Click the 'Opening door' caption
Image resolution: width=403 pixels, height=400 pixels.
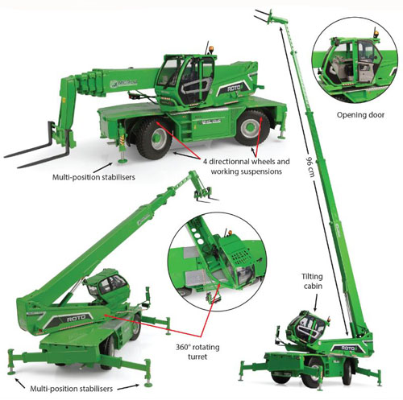tap(360, 115)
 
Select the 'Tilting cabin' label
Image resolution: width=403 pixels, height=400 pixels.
tap(313, 281)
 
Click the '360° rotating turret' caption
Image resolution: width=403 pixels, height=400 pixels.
tap(197, 352)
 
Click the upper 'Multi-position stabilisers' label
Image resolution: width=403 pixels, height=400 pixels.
tap(93, 177)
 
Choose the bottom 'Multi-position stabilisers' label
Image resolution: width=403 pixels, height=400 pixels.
tap(71, 389)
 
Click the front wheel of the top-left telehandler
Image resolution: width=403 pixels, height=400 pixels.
tap(152, 138)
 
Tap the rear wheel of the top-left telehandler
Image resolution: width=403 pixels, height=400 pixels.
tap(251, 127)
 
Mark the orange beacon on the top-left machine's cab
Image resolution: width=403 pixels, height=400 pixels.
tap(212, 50)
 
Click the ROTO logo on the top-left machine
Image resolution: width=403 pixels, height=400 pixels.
tap(233, 89)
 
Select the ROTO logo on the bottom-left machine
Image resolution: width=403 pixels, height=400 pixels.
tap(76, 319)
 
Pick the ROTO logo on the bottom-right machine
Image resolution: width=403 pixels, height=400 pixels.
tap(348, 348)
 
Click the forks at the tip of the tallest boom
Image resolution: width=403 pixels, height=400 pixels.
tap(264, 16)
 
